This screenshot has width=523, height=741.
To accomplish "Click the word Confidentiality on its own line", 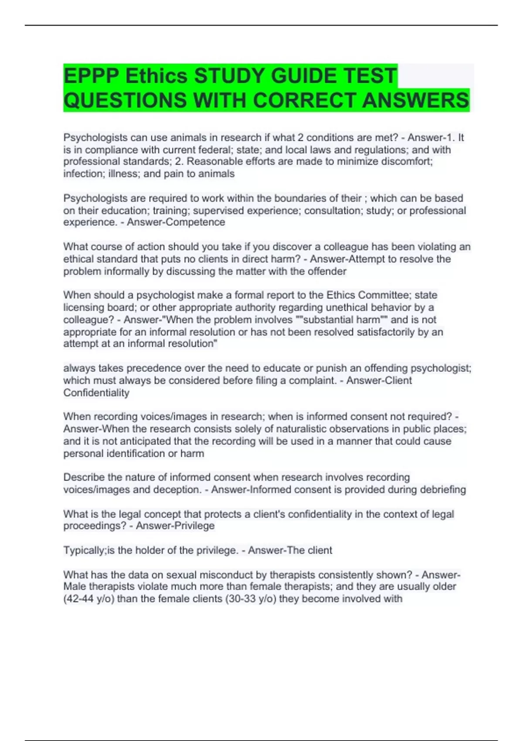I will pyautogui.click(x=96, y=393).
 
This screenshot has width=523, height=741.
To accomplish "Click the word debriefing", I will pyautogui.click(x=443, y=489).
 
